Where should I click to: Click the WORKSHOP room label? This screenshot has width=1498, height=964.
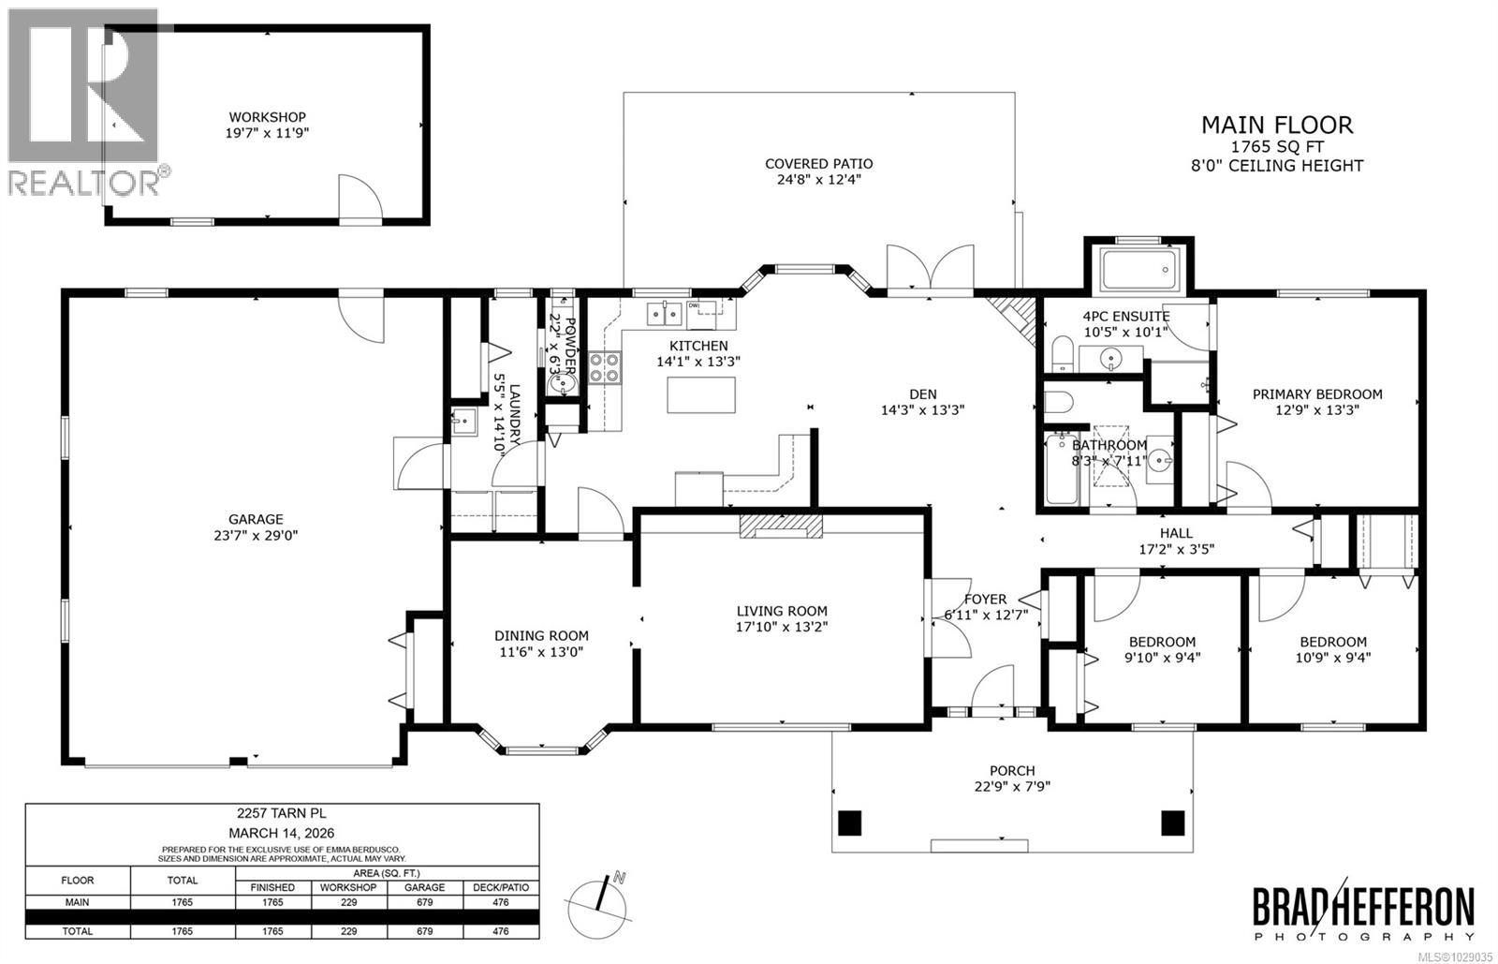[x=269, y=117]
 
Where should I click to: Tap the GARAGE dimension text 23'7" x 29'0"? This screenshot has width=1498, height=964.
[x=256, y=536]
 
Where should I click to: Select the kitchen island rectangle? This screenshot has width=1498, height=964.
[x=700, y=394]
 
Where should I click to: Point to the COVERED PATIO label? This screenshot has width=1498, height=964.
[x=818, y=163]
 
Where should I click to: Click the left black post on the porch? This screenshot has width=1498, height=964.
[x=849, y=823]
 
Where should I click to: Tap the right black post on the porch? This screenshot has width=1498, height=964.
[x=1173, y=823]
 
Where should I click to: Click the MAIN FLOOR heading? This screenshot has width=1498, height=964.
[x=1276, y=125]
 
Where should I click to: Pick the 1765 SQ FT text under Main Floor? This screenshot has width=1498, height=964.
[x=1276, y=147]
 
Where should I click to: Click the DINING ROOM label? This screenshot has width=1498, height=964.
[x=541, y=635]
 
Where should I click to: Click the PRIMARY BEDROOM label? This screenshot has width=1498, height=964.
[x=1316, y=394]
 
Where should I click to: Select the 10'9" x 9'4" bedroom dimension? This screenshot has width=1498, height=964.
[x=1332, y=658]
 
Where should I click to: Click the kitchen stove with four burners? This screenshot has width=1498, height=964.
[x=604, y=367]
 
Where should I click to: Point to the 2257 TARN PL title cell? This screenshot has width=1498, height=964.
[x=282, y=815]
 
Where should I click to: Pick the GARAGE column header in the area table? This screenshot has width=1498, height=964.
[x=425, y=887]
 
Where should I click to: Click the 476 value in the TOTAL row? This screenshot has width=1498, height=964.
[x=501, y=931]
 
